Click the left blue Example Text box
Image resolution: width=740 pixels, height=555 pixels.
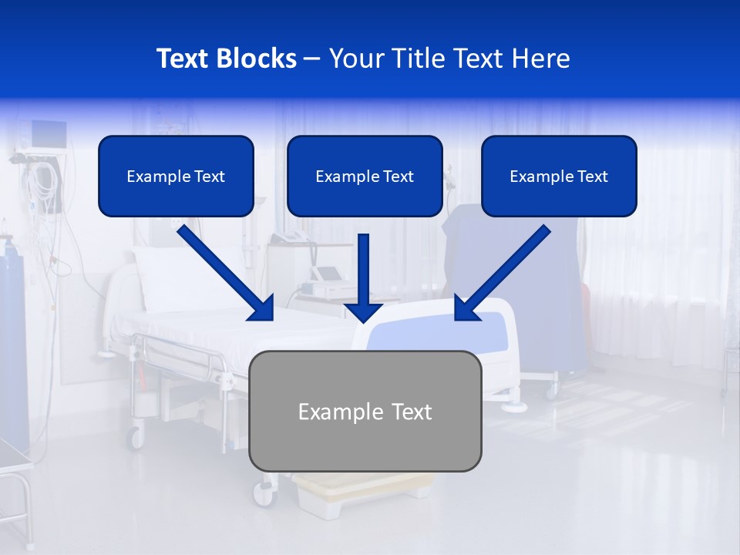coord(176,176)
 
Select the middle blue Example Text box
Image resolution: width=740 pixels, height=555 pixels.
coord(365,176)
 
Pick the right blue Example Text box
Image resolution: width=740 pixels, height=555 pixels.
coord(559,176)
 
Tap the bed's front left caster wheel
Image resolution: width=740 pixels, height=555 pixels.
coord(136,438)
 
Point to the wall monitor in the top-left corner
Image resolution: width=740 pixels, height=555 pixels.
coord(47,136)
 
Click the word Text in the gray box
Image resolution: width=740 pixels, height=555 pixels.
coord(412,412)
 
